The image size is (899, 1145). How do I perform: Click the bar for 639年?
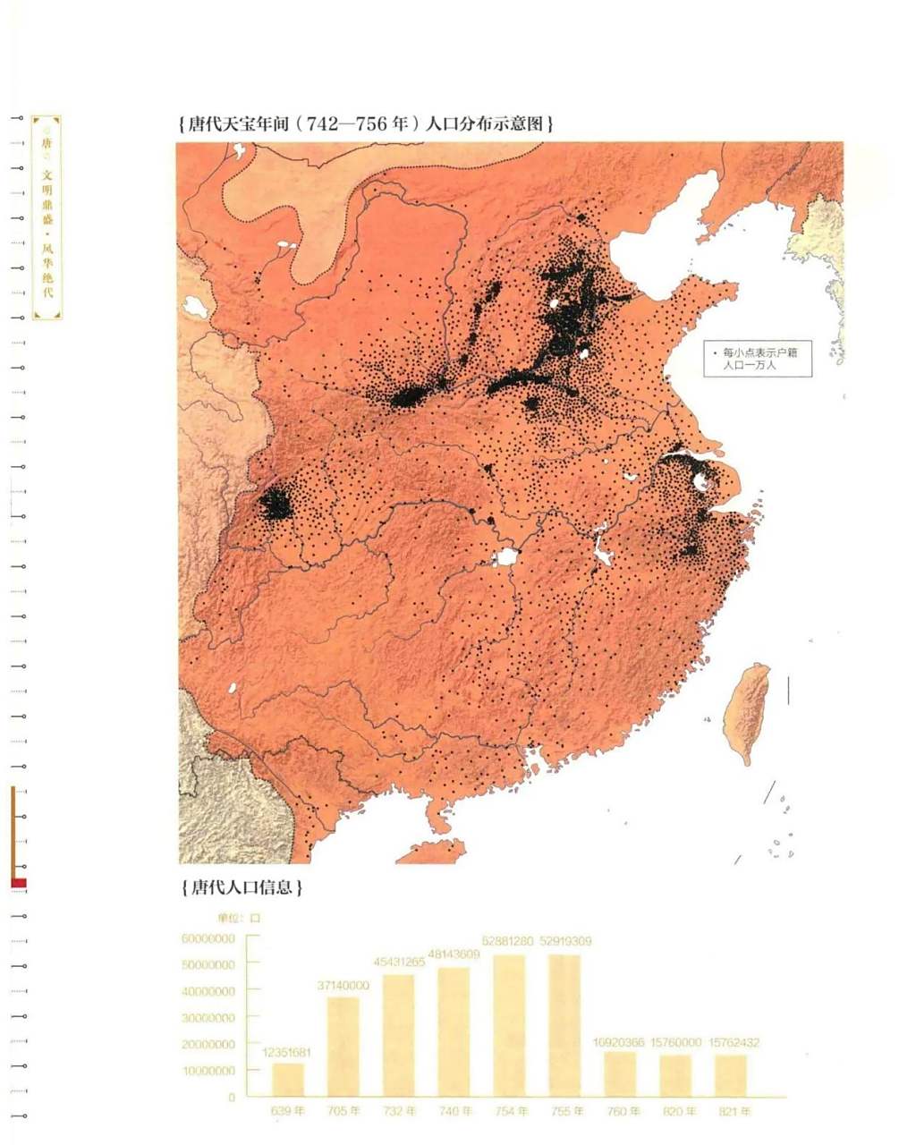(x=288, y=1079)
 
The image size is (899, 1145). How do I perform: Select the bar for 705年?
(x=343, y=1046)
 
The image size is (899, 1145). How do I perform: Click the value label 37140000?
(x=343, y=985)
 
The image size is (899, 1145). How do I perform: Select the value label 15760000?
(x=679, y=1043)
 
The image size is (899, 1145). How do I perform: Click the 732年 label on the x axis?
(x=398, y=1111)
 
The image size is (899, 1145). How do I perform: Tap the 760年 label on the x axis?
(x=623, y=1111)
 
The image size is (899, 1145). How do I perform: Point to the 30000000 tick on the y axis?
(x=208, y=1018)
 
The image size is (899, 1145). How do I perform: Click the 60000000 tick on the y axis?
(x=208, y=938)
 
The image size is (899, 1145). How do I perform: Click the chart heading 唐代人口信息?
(x=241, y=888)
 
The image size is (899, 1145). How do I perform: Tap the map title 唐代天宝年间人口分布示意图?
(x=366, y=124)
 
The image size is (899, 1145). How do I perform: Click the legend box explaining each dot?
(x=757, y=359)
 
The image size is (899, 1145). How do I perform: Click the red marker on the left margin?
(x=18, y=883)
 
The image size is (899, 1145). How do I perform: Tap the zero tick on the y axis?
(x=231, y=1097)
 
